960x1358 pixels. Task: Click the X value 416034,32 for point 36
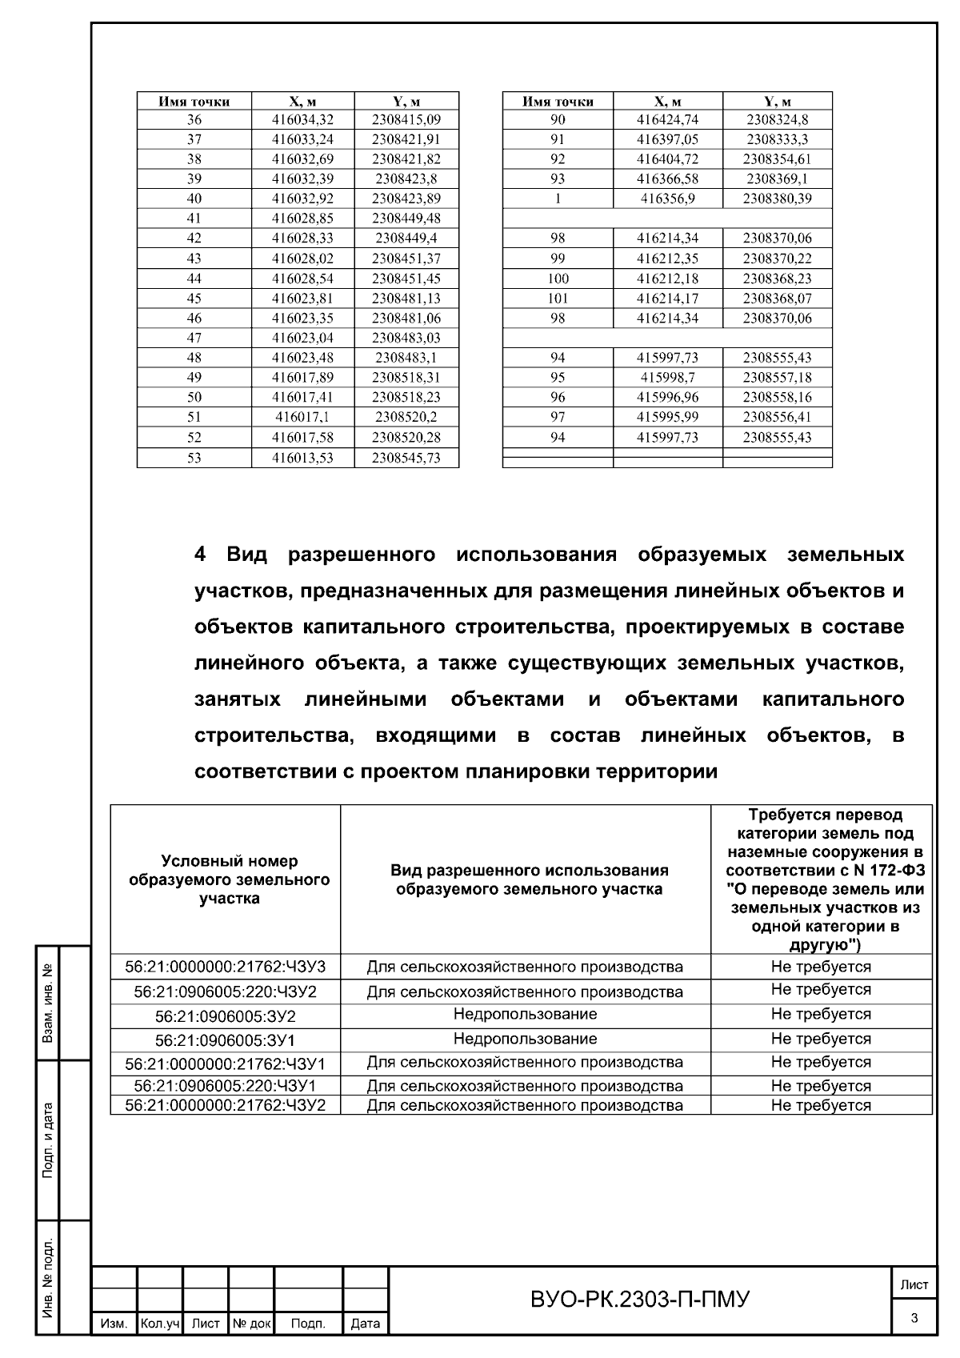click(x=302, y=120)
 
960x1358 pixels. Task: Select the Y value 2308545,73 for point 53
click(x=406, y=458)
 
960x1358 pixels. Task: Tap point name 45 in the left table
click(x=194, y=298)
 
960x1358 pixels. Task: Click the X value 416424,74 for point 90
click(x=667, y=120)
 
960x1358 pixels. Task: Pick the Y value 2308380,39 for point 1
click(x=777, y=198)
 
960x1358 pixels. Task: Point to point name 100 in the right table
click(x=558, y=278)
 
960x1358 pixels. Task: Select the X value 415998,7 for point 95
click(x=667, y=378)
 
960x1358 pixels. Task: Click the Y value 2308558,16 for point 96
click(x=777, y=397)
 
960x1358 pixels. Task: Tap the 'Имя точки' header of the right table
click(x=558, y=102)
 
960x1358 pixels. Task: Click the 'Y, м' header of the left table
click(x=406, y=102)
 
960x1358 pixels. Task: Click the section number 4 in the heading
click(x=200, y=555)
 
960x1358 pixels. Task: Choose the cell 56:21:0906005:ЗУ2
click(x=225, y=1016)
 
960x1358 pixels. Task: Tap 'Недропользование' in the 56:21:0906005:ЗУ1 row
click(x=525, y=1040)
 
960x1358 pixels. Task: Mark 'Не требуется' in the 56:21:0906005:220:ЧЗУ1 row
click(x=821, y=1086)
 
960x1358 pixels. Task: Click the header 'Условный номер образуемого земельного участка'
click(x=229, y=879)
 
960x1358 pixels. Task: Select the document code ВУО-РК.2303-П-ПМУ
click(x=640, y=1300)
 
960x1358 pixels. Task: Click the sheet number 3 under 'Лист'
click(x=914, y=1319)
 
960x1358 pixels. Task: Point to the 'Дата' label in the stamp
click(x=366, y=1324)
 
